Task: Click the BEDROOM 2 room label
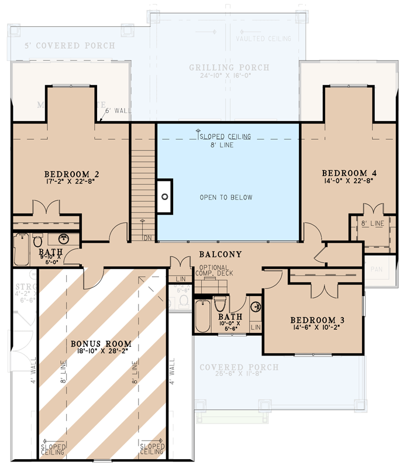click(x=71, y=174)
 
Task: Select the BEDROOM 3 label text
click(x=318, y=320)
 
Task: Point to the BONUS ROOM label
click(x=101, y=343)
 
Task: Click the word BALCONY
click(x=220, y=254)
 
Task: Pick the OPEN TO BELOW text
click(x=225, y=197)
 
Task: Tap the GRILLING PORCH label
click(x=229, y=68)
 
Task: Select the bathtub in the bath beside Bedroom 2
click(x=22, y=250)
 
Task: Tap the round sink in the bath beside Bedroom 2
click(x=64, y=240)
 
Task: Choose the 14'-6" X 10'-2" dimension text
click(x=318, y=329)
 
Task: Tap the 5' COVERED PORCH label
click(x=70, y=45)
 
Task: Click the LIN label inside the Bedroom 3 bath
click(x=255, y=327)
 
